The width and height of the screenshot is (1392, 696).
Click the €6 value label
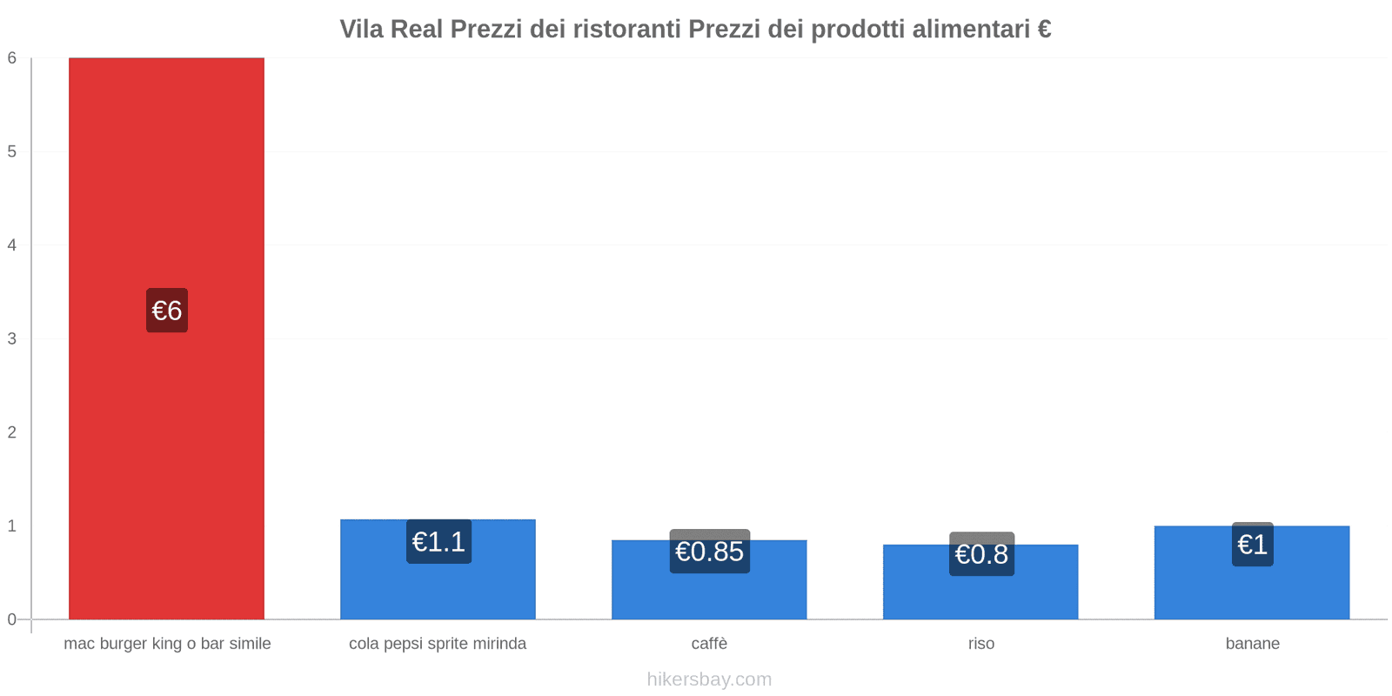click(x=167, y=311)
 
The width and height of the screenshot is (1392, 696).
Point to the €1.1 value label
click(x=438, y=542)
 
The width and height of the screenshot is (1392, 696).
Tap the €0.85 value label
click(x=709, y=552)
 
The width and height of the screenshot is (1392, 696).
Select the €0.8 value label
click(x=981, y=554)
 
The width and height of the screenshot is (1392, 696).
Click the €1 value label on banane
click(x=1252, y=545)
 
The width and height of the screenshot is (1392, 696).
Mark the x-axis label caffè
click(x=709, y=644)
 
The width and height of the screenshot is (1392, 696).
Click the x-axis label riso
click(x=980, y=644)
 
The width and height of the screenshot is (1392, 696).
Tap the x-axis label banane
click(x=1252, y=644)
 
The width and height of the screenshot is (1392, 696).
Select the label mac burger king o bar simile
click(x=167, y=644)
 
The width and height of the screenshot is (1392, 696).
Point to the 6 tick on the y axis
click(x=12, y=58)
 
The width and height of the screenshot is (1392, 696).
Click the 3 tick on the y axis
click(x=12, y=338)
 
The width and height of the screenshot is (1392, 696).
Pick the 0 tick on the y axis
click(x=12, y=619)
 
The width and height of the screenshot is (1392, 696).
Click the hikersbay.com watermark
click(x=709, y=679)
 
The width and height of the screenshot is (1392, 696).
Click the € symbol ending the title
click(x=1044, y=30)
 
